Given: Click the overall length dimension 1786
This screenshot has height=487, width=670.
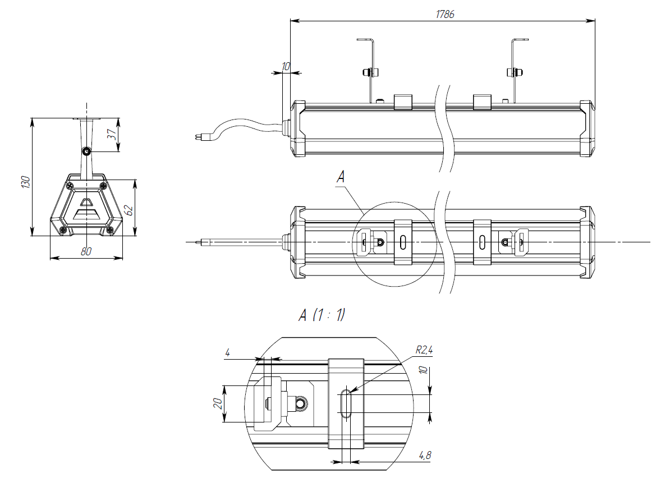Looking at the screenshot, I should pyautogui.click(x=445, y=15).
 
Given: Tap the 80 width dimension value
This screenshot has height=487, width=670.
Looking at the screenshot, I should pyautogui.click(x=86, y=252).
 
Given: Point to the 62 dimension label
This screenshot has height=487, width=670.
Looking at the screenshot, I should pyautogui.click(x=129, y=210).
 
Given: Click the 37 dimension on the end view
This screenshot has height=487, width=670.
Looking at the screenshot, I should pyautogui.click(x=111, y=135).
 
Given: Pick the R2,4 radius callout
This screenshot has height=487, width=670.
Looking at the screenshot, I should pyautogui.click(x=424, y=351).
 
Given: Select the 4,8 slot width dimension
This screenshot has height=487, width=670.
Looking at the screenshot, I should pyautogui.click(x=425, y=455).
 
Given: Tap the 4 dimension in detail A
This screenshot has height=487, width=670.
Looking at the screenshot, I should pyautogui.click(x=227, y=353).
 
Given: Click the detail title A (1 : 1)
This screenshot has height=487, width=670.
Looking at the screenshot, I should pyautogui.click(x=322, y=316).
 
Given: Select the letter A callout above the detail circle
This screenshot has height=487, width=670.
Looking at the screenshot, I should pyautogui.click(x=341, y=177).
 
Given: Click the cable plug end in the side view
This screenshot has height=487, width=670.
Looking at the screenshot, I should pyautogui.click(x=198, y=136).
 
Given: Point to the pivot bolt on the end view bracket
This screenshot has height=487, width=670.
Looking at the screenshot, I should pyautogui.click(x=86, y=151).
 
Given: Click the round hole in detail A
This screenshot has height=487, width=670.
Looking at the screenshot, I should pyautogui.click(x=301, y=403).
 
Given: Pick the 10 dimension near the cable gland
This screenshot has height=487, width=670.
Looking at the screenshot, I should pyautogui.click(x=286, y=66).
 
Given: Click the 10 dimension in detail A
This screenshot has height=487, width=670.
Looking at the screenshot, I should pyautogui.click(x=425, y=371).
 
